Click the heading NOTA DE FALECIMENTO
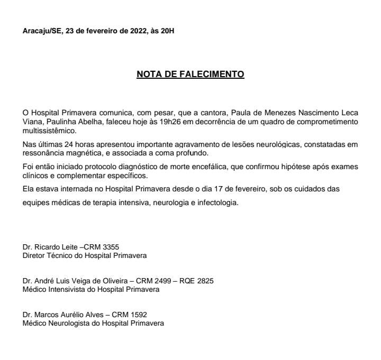tap(190, 75)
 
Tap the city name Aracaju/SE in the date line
tap(41, 31)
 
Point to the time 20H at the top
tap(167, 31)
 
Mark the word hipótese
tap(286, 167)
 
